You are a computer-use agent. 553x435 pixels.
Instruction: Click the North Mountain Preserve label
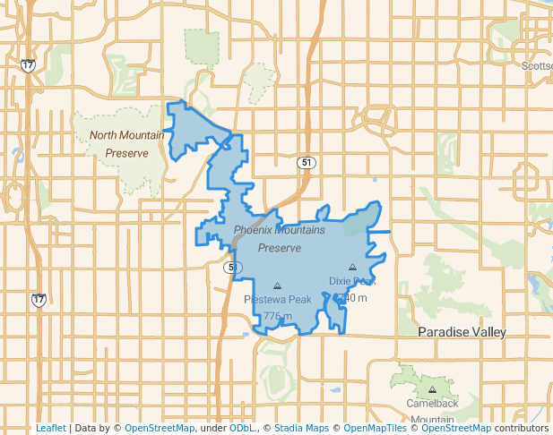point(126,144)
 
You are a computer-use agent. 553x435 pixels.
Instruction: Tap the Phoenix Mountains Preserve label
point(279,238)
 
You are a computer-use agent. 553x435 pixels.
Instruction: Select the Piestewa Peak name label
point(278,299)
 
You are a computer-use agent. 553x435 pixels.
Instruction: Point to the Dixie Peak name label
point(352,280)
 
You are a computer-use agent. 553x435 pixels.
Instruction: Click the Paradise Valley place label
point(462,332)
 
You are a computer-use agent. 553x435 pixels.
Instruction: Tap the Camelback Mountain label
point(432,411)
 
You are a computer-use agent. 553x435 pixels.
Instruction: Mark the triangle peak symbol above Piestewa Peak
point(276,286)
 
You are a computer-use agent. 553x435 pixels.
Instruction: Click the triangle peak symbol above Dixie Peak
point(352,268)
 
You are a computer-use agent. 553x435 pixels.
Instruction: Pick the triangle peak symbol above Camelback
point(432,389)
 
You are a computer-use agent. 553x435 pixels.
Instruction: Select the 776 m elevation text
point(278,316)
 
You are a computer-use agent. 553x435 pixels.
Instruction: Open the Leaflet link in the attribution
point(50,429)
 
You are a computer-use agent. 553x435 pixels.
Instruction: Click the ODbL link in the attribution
point(241,429)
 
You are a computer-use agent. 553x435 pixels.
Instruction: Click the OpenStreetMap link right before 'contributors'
point(451,429)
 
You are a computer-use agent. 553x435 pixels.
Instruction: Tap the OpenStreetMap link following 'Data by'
point(160,429)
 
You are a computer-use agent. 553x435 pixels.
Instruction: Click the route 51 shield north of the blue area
point(307,162)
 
